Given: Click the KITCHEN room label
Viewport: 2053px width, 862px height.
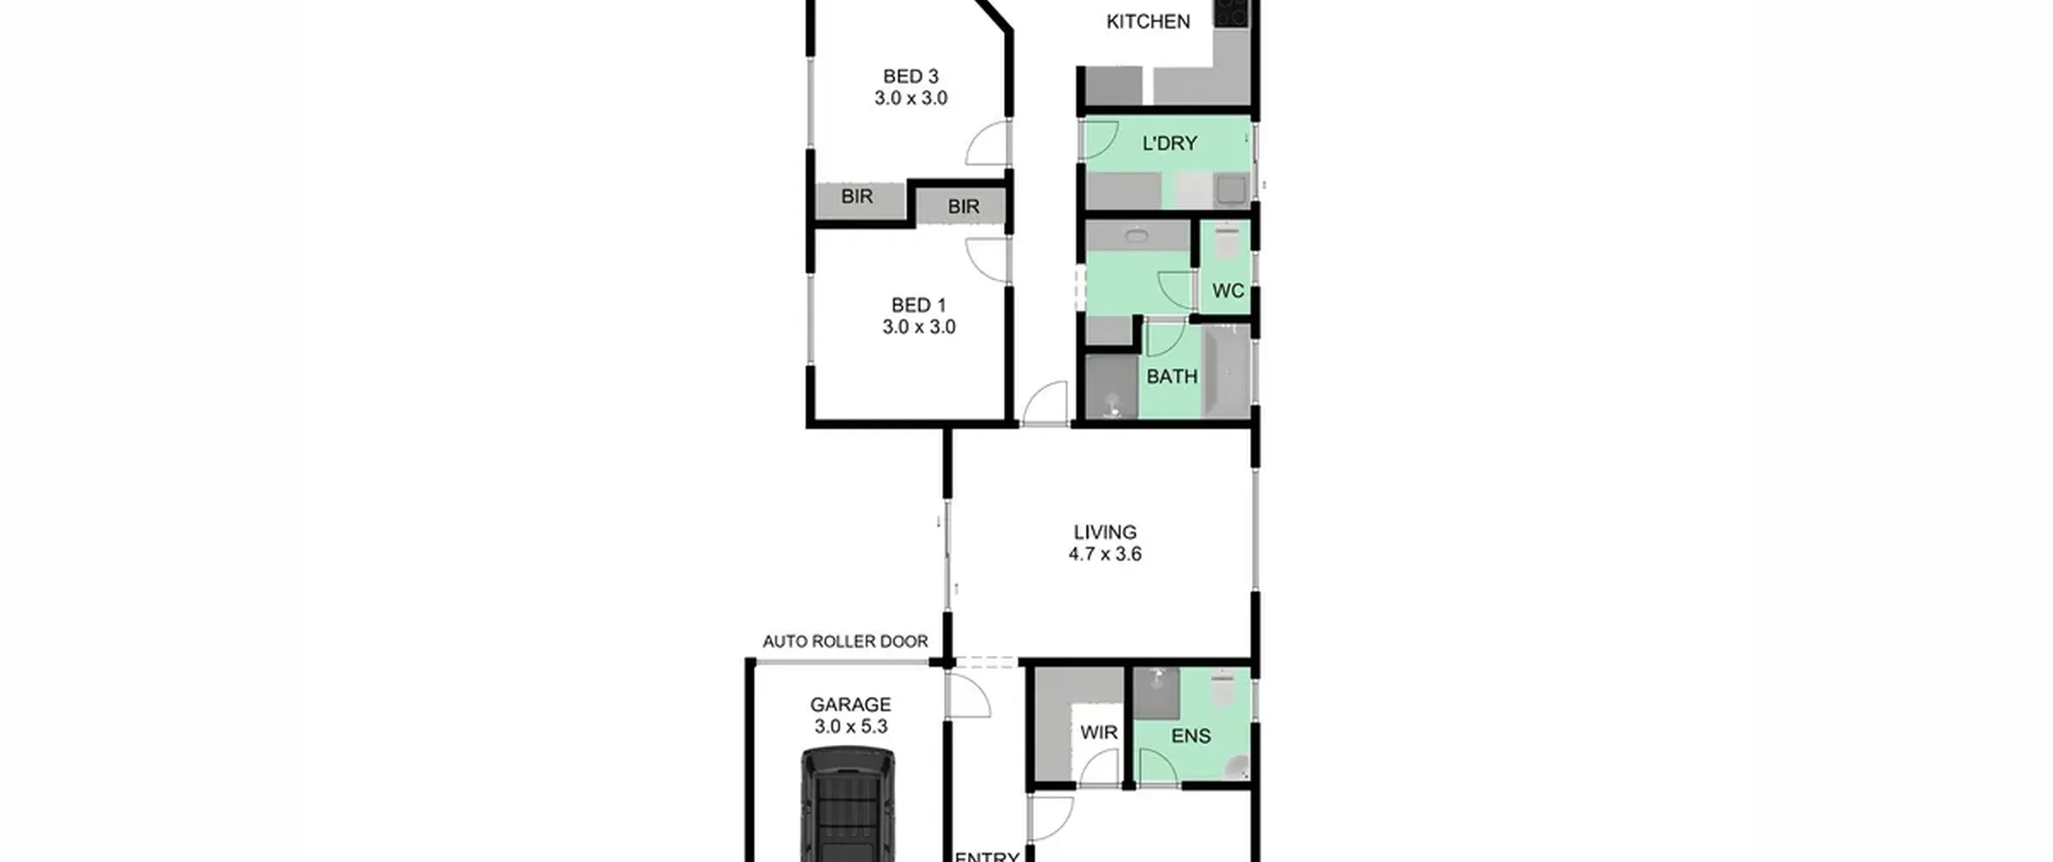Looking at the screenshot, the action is pos(1148,22).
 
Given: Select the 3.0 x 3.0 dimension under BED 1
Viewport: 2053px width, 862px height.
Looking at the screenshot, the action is pos(919,327).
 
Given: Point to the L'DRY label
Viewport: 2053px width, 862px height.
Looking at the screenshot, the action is pos(1169,144).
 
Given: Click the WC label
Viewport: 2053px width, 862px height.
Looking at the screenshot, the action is pos(1228,290).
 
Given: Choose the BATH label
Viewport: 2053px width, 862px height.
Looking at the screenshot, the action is pos(1172,376).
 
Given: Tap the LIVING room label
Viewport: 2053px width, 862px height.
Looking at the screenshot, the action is pos(1105,532).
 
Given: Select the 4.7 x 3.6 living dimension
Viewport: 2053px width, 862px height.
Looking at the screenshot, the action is pos(1105,554).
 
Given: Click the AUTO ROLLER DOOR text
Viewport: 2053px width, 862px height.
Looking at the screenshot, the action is pos(845,641).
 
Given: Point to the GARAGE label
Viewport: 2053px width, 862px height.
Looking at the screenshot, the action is pos(850,705).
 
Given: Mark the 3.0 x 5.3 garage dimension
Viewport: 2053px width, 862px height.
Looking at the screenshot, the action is pos(851,726).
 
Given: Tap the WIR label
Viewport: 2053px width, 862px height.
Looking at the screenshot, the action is pos(1099,732).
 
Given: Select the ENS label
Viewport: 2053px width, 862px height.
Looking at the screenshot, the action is pos(1191,736).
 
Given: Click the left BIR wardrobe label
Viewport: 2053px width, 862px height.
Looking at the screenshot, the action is pos(856,196).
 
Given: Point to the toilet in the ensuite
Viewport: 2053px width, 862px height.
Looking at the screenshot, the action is pos(1224,689).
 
